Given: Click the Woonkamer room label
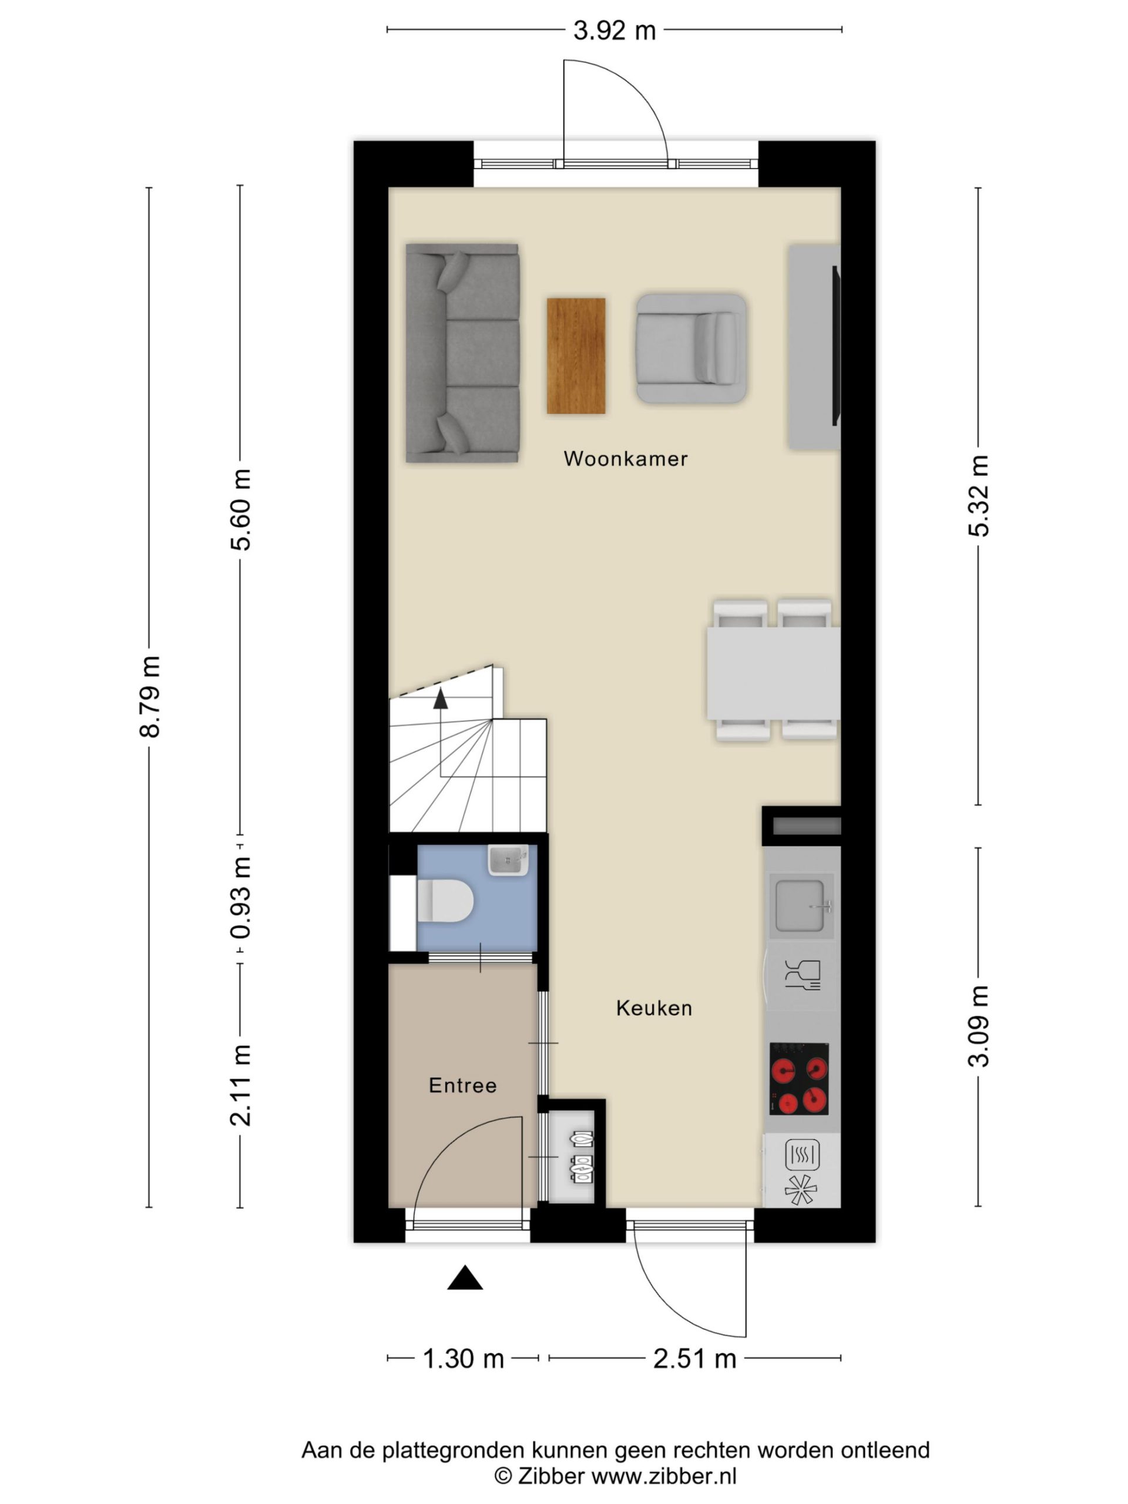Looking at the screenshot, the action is pyautogui.click(x=625, y=458).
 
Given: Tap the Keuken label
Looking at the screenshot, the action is pyautogui.click(x=654, y=1008).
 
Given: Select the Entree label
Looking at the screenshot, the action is pyautogui.click(x=462, y=1085).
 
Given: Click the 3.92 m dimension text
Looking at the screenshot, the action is pyautogui.click(x=614, y=30).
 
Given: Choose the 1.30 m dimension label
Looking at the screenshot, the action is pyautogui.click(x=463, y=1358).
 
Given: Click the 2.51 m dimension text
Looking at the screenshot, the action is pyautogui.click(x=694, y=1358).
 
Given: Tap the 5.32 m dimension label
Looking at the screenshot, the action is pyautogui.click(x=978, y=496).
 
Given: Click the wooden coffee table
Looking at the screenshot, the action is pyautogui.click(x=576, y=355).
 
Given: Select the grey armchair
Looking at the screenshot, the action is pyautogui.click(x=691, y=348).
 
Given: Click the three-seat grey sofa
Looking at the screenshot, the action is pyautogui.click(x=462, y=353).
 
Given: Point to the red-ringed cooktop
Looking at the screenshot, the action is pyautogui.click(x=798, y=1079).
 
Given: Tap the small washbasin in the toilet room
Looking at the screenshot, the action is pyautogui.click(x=508, y=860).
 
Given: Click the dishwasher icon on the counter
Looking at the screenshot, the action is pyautogui.click(x=803, y=975).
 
